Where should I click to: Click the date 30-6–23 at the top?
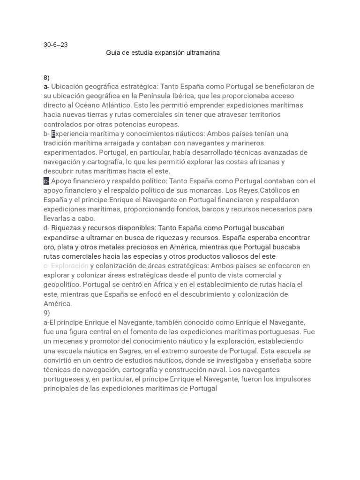pos(55,45)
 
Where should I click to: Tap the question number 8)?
pos(46,77)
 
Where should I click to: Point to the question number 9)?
pos(46,313)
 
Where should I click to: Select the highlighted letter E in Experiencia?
pos(53,134)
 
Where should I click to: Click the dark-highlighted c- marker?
pos(46,181)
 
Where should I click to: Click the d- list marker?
pos(46,228)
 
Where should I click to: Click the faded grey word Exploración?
pos(69,266)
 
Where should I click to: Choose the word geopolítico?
pos(64,285)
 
